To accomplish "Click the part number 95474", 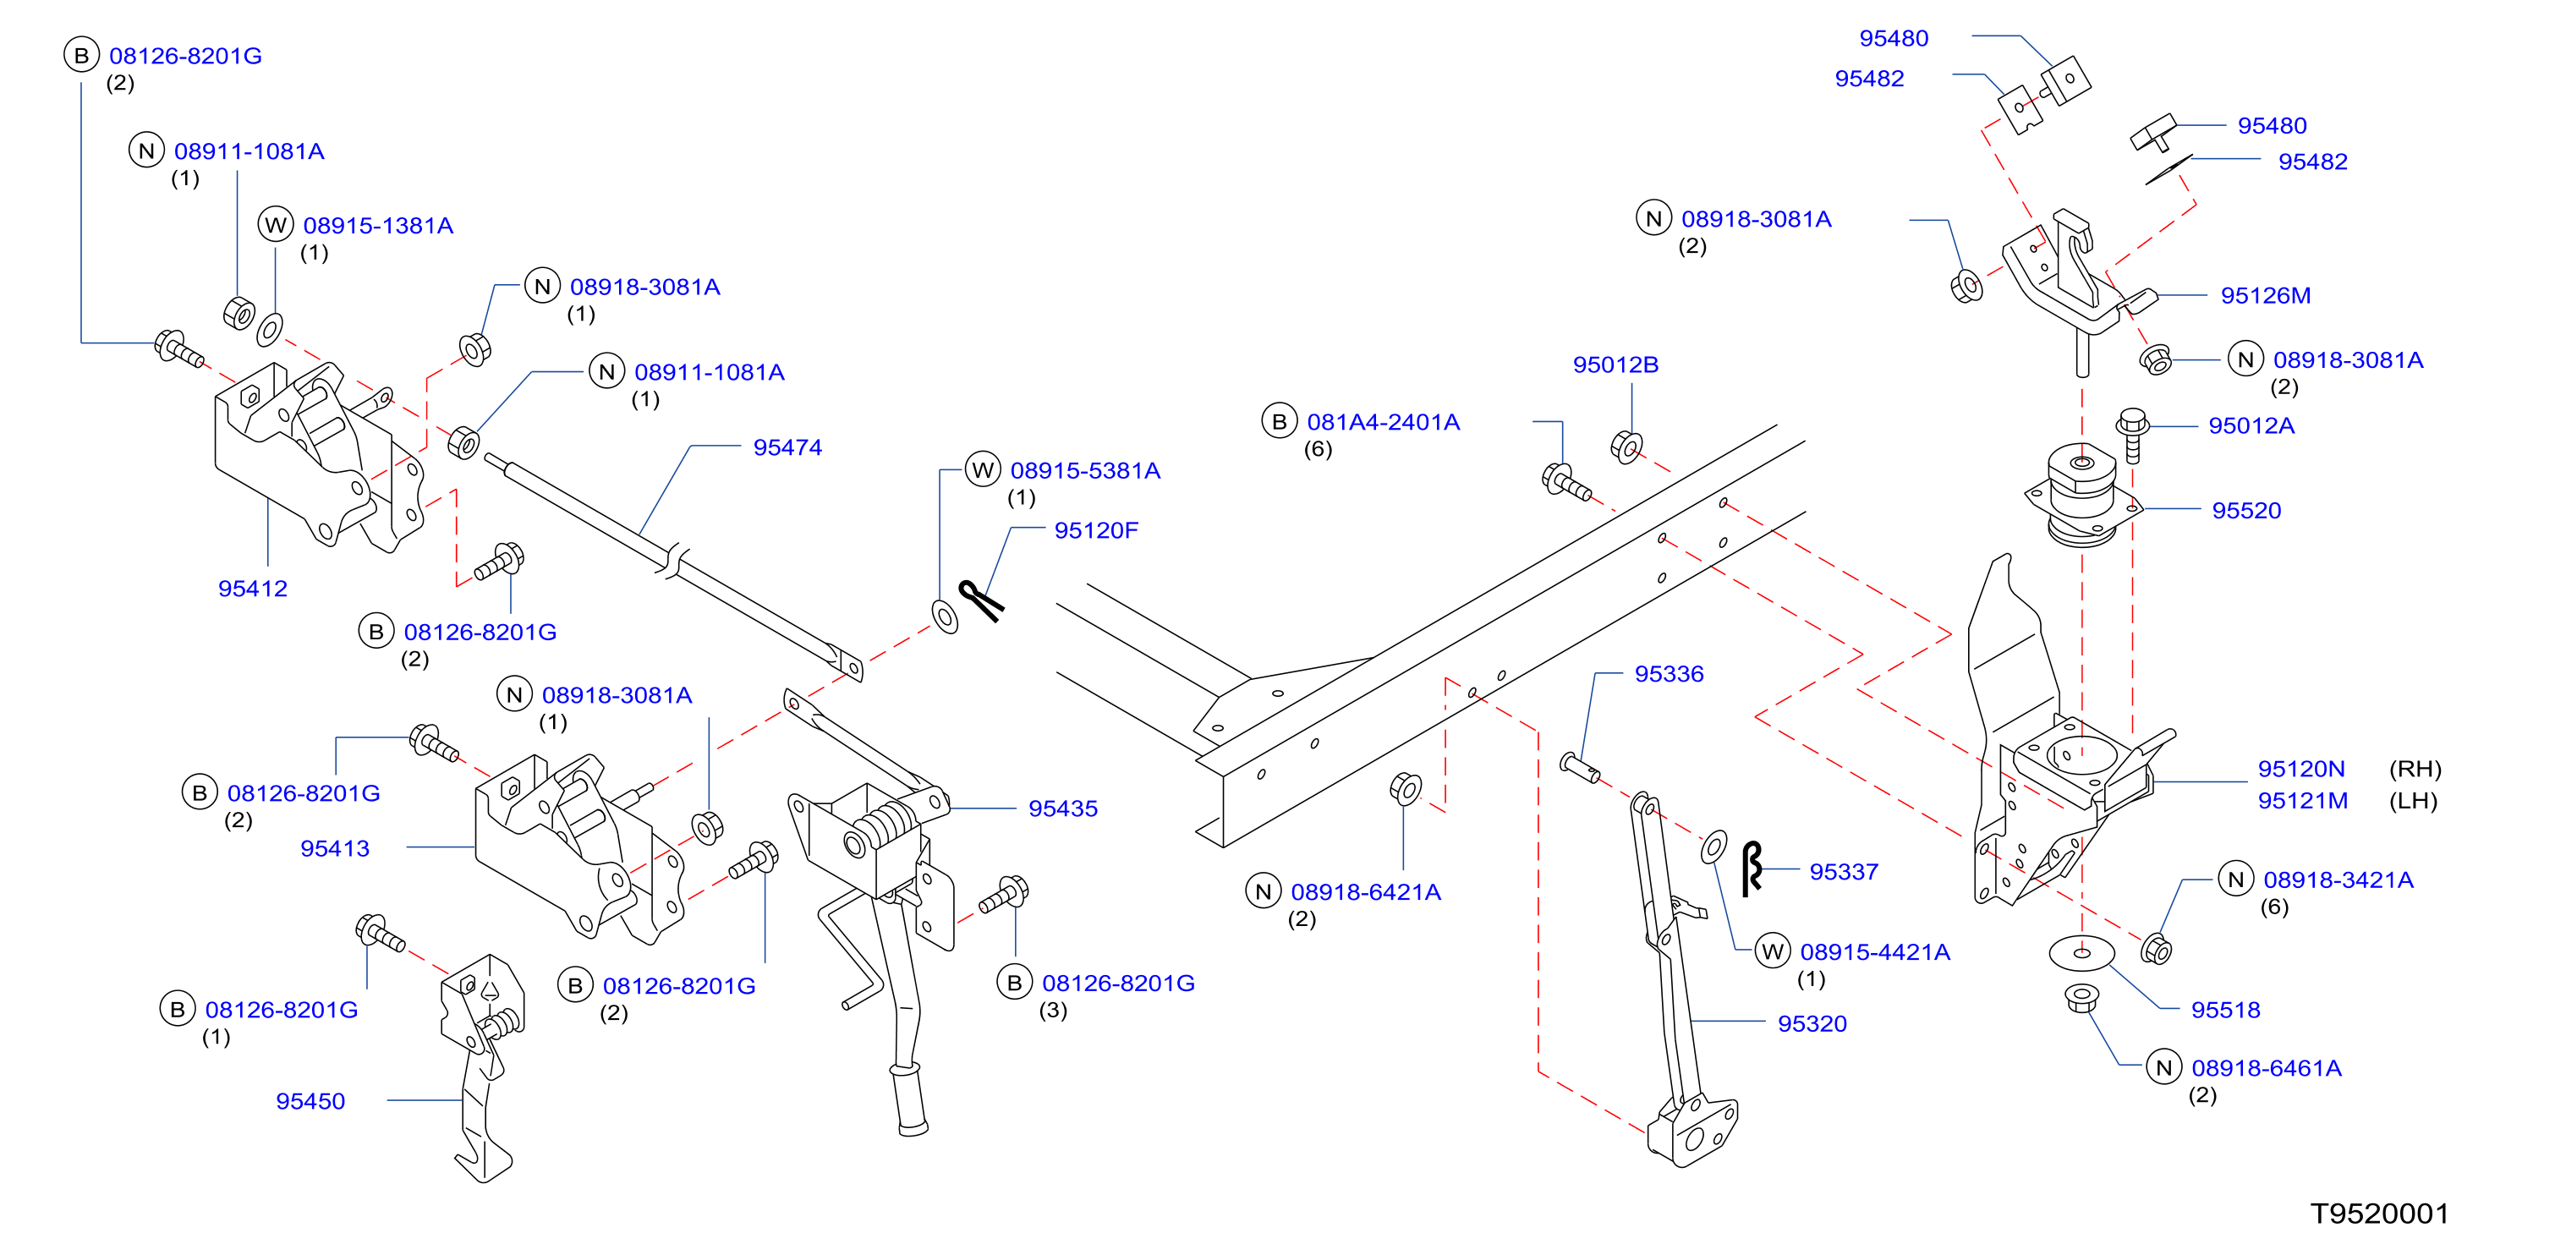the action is [x=787, y=447].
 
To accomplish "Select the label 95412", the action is [x=253, y=589].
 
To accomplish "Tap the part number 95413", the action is [x=335, y=848].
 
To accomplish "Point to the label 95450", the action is [x=310, y=1102].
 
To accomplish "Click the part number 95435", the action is [x=1063, y=808].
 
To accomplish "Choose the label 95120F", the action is [x=1096, y=531].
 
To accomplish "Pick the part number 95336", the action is [x=1669, y=674].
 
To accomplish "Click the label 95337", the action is [x=1844, y=873].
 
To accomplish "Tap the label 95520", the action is [x=2246, y=511].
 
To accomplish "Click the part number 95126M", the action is [x=2265, y=296].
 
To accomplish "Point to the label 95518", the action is [x=2225, y=1010].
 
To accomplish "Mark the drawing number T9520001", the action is [x=2380, y=1214].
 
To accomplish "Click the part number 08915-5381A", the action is [x=1085, y=471].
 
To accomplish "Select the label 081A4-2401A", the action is [x=1383, y=422].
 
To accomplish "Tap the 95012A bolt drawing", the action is [x=2131, y=435].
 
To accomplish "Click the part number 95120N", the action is [x=2301, y=769].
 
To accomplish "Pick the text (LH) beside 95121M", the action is [x=2413, y=801].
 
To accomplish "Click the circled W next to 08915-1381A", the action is [x=276, y=225].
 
